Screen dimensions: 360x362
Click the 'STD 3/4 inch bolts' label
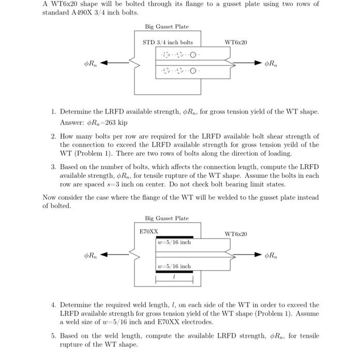(168, 42)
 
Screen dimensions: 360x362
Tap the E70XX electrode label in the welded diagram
(149, 232)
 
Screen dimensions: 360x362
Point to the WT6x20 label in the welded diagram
(236, 234)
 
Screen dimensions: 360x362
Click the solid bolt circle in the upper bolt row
(193, 55)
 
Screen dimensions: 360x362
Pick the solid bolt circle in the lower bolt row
(193, 71)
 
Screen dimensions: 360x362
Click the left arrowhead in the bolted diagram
(103, 64)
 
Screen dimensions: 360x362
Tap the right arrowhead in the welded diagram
(258, 255)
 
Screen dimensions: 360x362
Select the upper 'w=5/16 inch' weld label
(174, 242)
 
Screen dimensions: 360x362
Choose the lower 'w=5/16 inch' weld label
(174, 266)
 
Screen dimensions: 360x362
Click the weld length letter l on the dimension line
(174, 278)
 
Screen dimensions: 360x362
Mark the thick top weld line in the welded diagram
(174, 237)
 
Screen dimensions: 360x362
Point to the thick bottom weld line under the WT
(174, 271)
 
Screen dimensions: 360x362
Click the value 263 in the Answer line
(108, 123)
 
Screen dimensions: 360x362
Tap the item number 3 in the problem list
(53, 167)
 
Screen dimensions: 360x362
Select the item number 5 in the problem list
(53, 336)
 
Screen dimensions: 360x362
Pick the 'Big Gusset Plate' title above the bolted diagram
(167, 26)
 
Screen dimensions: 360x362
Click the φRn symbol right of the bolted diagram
(270, 64)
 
